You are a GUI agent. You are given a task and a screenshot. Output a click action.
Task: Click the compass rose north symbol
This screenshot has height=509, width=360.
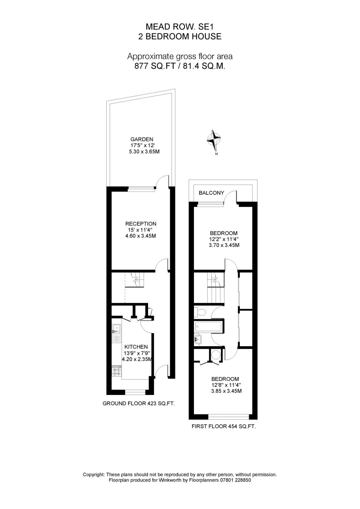(x=214, y=140)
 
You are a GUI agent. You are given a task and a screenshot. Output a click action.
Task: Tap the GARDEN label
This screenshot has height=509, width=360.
(x=142, y=139)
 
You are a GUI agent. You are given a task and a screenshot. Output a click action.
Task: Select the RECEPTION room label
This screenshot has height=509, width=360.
(x=141, y=224)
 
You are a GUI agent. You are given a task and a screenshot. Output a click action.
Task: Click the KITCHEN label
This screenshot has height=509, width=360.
(x=136, y=347)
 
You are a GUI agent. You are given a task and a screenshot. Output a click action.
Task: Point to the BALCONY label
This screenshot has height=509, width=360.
(x=211, y=193)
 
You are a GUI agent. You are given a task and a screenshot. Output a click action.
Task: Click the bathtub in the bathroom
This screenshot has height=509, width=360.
(x=209, y=327)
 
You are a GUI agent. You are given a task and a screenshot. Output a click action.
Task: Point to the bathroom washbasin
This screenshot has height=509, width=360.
(x=198, y=338)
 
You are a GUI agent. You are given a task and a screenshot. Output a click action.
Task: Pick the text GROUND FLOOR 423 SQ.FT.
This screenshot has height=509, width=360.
(x=139, y=404)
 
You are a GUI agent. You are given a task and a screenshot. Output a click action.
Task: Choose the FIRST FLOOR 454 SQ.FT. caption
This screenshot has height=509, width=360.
(x=223, y=427)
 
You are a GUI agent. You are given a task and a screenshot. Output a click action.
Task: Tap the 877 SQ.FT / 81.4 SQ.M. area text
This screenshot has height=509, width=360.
(x=180, y=67)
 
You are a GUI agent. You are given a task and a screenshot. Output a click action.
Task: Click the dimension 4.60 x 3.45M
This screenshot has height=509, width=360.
(x=141, y=236)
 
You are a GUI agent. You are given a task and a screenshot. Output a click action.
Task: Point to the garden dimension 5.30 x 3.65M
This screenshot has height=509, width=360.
(x=144, y=152)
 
